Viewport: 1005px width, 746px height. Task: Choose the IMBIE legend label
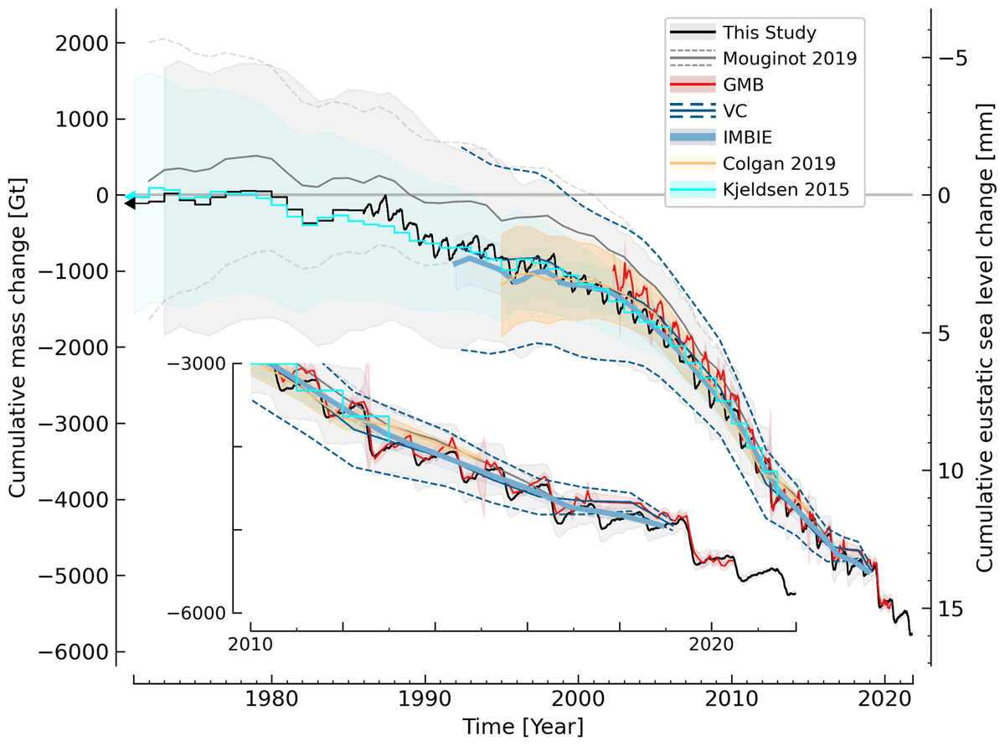(x=745, y=137)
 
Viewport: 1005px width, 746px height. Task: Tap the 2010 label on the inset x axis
(x=250, y=646)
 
